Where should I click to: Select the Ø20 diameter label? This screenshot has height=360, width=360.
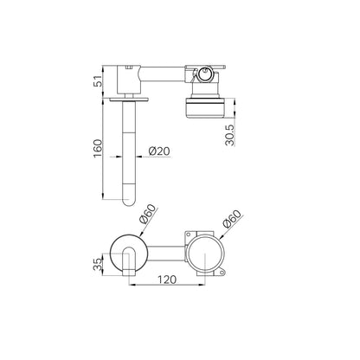pyautogui.click(x=159, y=151)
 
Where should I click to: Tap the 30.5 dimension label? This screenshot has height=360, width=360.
pyautogui.click(x=231, y=135)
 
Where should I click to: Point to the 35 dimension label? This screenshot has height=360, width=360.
pyautogui.click(x=98, y=264)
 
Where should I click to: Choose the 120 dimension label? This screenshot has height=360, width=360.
pyautogui.click(x=167, y=280)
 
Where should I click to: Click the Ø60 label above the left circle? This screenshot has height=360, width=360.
pyautogui.click(x=147, y=214)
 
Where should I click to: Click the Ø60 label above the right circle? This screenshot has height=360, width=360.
pyautogui.click(x=232, y=219)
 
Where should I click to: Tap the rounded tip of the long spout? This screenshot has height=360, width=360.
pyautogui.click(x=129, y=202)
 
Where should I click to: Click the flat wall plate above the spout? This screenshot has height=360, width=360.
pyautogui.click(x=129, y=100)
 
